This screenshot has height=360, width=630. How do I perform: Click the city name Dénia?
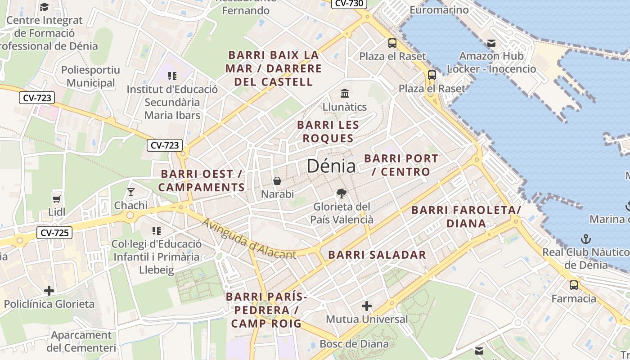[x=331, y=166]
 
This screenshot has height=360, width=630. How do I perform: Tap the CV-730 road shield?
[x=350, y=4]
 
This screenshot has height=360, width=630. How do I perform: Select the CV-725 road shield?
[x=54, y=233]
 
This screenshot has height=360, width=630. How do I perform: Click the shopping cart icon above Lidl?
[x=57, y=199]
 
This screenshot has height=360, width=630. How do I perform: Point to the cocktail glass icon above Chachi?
[x=131, y=192]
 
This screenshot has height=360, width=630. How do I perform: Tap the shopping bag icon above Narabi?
[x=277, y=181]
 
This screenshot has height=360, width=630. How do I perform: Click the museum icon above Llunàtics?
[x=345, y=94]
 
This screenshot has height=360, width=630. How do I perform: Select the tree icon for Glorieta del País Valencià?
[x=342, y=193]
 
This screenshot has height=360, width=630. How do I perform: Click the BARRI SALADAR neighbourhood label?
[x=377, y=255]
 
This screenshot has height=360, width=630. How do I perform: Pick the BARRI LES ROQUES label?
[x=328, y=131]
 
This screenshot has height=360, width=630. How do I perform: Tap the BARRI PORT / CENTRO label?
[x=400, y=165]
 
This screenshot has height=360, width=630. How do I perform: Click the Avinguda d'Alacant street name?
[x=248, y=239]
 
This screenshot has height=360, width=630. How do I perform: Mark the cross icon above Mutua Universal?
[x=367, y=306]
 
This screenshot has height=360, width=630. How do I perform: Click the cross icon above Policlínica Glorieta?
[x=49, y=291]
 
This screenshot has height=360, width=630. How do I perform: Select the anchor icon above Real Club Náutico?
[x=585, y=238]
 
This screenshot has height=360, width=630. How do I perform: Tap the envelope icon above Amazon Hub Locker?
[x=491, y=43]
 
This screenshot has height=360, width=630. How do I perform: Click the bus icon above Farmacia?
[x=574, y=285]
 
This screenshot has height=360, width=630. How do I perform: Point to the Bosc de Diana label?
[x=354, y=344]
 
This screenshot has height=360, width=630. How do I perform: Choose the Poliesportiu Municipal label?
[x=90, y=76]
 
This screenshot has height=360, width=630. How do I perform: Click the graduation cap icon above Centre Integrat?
[x=44, y=7]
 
